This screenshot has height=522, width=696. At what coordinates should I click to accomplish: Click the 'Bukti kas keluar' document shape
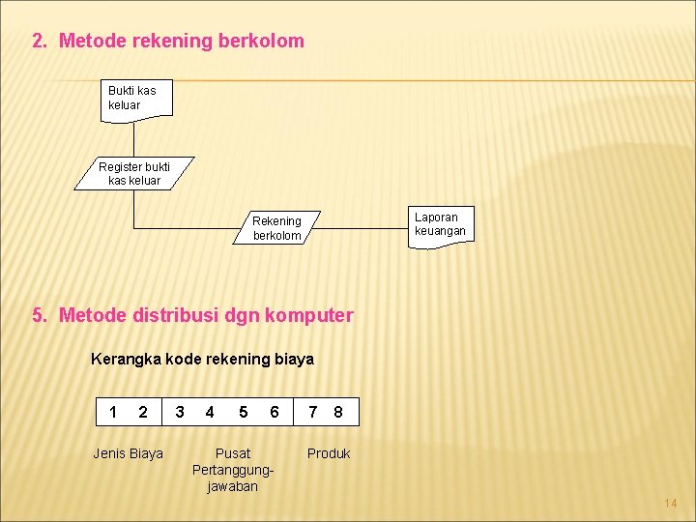(136, 99)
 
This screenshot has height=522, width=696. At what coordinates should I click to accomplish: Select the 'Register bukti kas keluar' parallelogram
(135, 174)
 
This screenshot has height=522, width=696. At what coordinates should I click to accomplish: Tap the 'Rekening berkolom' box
(276, 228)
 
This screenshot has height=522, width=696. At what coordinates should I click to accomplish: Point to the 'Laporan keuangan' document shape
(441, 224)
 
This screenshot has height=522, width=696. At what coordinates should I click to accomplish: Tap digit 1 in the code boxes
(113, 413)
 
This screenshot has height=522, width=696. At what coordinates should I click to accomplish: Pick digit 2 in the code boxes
(143, 413)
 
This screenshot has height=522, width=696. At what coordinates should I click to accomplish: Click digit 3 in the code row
(179, 413)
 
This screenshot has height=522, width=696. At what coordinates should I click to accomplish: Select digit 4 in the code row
(210, 413)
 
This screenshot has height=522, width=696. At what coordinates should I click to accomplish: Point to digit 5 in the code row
(243, 413)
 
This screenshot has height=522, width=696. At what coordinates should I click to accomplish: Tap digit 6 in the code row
(275, 413)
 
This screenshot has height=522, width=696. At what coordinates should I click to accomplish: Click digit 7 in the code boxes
(313, 413)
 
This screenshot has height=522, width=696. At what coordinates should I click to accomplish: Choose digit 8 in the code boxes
(337, 413)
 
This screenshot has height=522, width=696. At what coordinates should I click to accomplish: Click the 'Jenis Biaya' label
(128, 453)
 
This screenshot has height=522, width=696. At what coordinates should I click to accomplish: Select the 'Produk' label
(329, 453)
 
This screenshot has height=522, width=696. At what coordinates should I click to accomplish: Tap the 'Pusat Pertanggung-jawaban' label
(233, 470)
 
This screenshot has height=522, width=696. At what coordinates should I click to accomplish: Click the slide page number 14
(671, 504)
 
